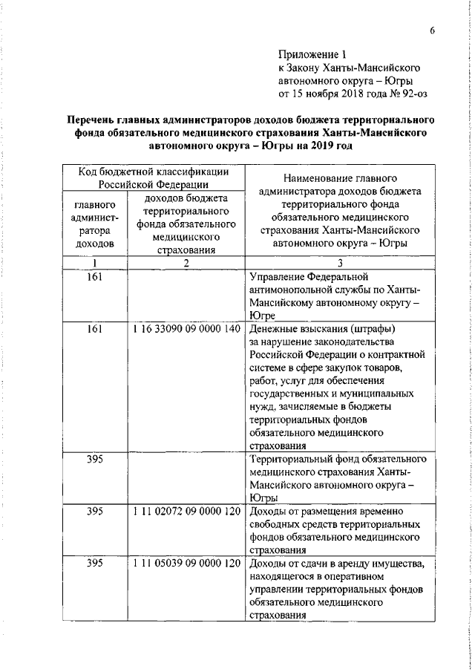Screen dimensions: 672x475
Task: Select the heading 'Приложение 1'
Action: tap(312, 54)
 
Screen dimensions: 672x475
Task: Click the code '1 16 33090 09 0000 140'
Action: tap(186, 329)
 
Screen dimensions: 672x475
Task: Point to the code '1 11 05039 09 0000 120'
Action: tap(186, 565)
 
